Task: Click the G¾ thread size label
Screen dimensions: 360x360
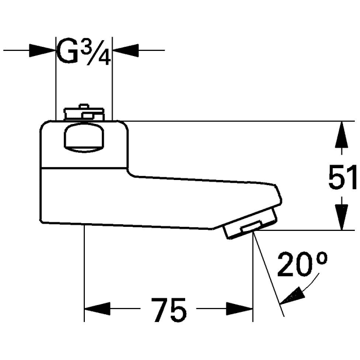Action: point(84,50)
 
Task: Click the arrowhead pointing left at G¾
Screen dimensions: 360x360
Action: point(125,50)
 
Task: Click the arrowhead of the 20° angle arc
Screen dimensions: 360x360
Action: point(291,297)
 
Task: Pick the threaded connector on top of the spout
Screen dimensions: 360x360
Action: point(83,113)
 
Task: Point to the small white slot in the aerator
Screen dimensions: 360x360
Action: point(250,227)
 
